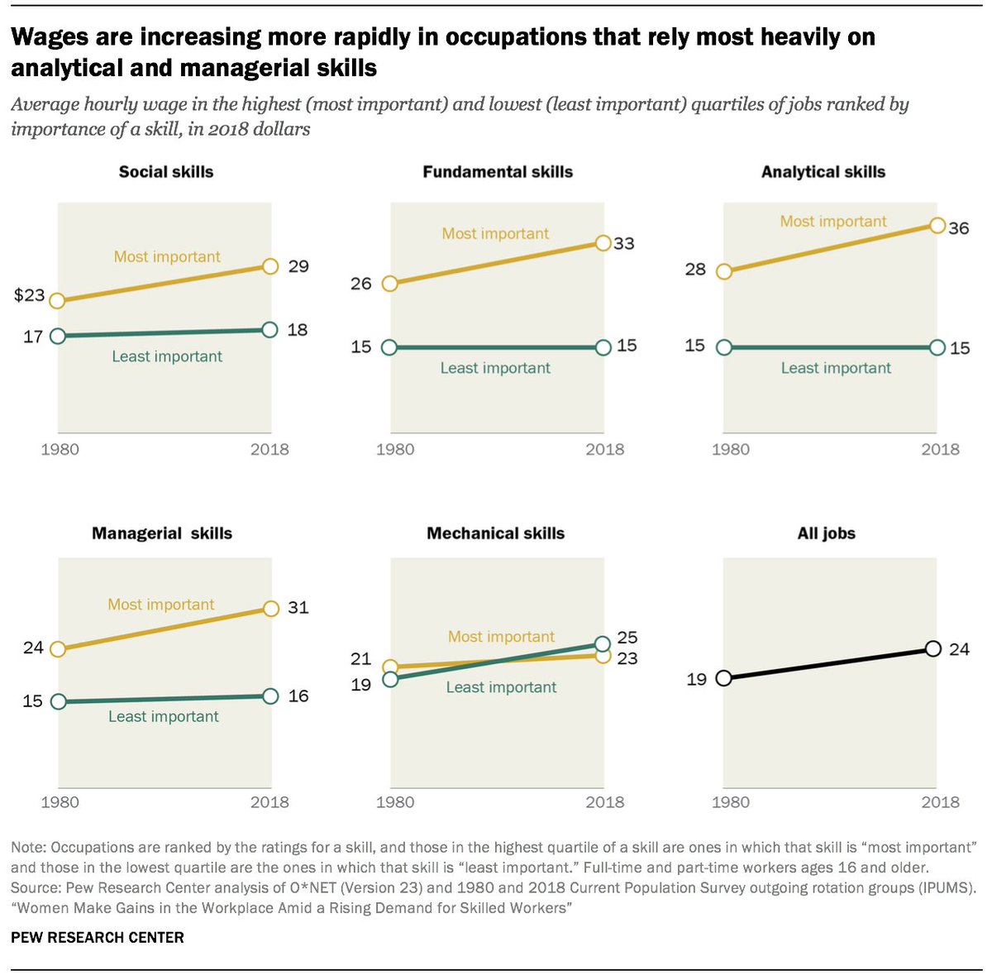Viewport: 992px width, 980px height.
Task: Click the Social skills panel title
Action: pos(166,172)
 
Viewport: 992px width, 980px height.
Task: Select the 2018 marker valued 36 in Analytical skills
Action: pos(937,226)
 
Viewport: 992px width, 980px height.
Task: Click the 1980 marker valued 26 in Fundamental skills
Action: pos(391,284)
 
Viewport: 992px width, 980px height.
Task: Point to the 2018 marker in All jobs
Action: pos(933,648)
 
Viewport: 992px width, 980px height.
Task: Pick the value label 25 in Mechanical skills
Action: pos(627,638)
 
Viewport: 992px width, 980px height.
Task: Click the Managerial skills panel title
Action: pos(162,533)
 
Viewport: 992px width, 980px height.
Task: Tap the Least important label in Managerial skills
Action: pos(164,716)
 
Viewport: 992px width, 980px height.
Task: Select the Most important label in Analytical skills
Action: pos(833,222)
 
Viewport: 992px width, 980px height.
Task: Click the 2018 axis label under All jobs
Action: pos(941,801)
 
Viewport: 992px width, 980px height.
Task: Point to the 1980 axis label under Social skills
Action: pos(60,449)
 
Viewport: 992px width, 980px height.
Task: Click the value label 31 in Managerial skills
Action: pos(298,608)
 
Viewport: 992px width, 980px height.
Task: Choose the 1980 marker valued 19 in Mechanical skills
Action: pos(391,680)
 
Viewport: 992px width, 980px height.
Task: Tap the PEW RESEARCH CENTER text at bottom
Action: pos(98,937)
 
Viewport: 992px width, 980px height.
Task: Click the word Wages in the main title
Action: pos(55,37)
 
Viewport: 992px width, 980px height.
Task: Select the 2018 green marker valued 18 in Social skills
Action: pos(270,330)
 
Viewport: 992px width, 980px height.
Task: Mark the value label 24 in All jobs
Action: pos(959,649)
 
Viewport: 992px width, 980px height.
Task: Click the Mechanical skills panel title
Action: pos(495,533)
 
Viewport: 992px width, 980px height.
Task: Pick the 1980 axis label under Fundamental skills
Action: pos(395,449)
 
